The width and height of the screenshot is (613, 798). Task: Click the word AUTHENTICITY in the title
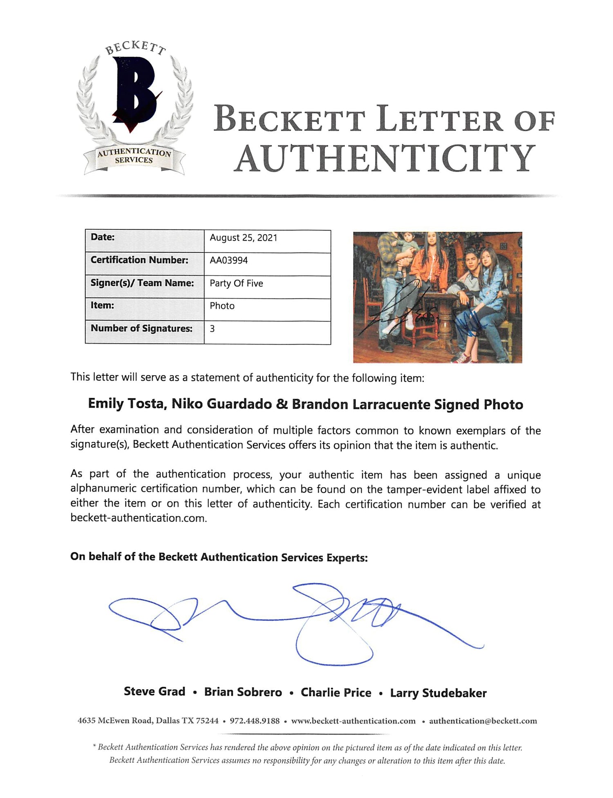coord(385,158)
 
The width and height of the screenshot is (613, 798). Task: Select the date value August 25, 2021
coord(244,238)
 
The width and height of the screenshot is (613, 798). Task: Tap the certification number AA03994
coord(229,260)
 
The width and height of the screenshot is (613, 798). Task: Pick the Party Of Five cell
coord(236,283)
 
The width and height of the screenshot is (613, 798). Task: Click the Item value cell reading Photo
coord(222,306)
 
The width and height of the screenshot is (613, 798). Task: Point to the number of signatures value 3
coord(212,329)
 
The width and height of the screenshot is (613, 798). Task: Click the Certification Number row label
coord(139,260)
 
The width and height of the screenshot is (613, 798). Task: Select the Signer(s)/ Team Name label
coord(142,283)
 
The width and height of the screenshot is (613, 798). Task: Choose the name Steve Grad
coord(154,691)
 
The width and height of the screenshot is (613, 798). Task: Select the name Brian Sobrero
coord(243,692)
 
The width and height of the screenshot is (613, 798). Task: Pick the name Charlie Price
coord(336,692)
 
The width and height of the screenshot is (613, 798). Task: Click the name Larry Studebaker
coord(438,693)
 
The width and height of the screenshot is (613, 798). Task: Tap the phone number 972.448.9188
coord(255,721)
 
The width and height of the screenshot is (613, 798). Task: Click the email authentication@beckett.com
coord(483,721)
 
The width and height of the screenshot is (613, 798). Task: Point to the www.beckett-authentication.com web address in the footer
coord(353,721)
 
